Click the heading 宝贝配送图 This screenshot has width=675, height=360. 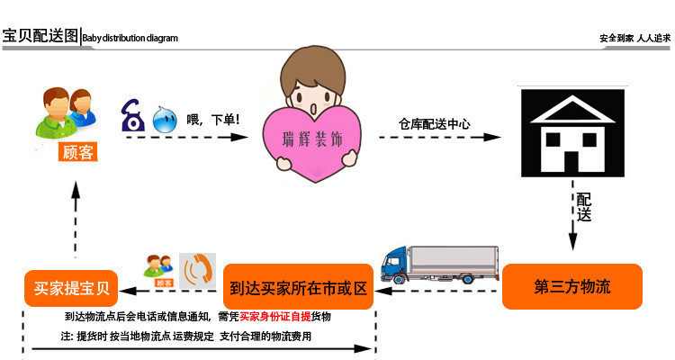pos(40,37)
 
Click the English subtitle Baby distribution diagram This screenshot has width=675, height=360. pos(130,39)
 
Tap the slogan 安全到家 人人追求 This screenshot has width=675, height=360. pos(634,39)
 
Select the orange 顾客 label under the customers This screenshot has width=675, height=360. pos(76,151)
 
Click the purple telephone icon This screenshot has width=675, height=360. pos(132,116)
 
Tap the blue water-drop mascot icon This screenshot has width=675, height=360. pos(164,121)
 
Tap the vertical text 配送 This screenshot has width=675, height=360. pos(584,208)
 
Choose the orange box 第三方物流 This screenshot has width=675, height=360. pos(571,287)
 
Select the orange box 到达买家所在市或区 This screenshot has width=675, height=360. pos(298,289)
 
